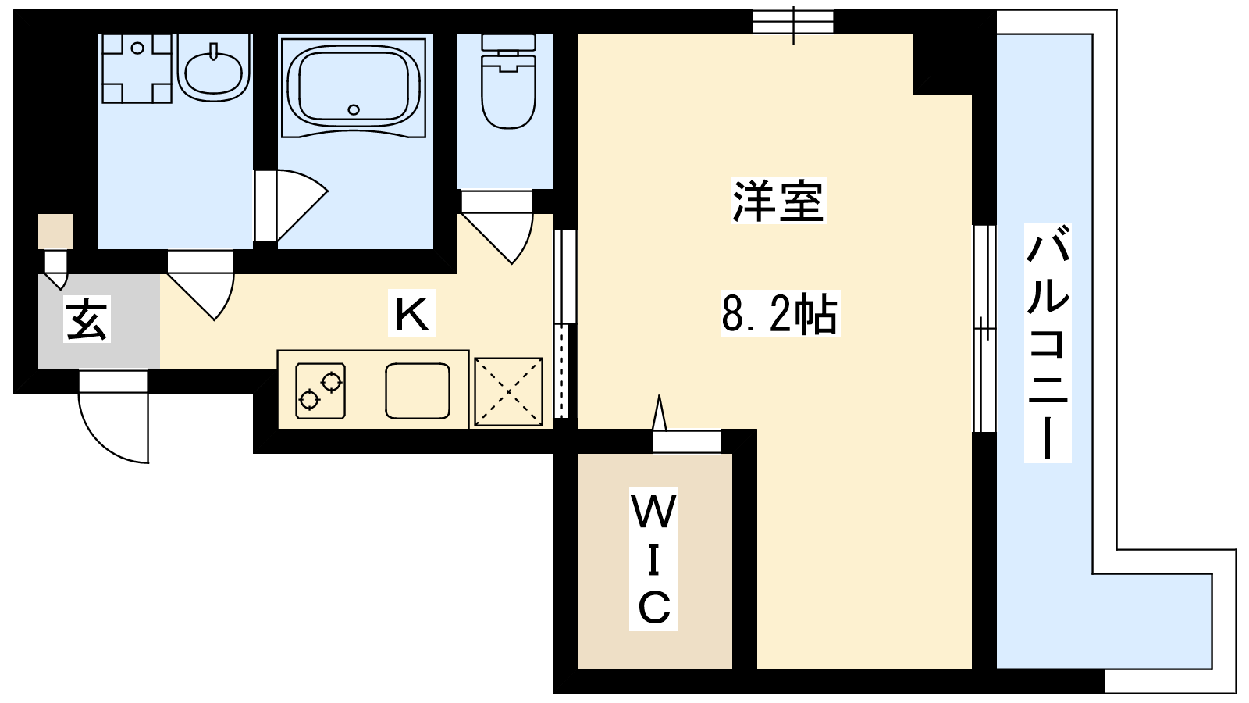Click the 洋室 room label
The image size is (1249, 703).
(x=778, y=201)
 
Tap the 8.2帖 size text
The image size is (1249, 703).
(x=780, y=313)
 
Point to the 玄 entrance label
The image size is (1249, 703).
(x=87, y=319)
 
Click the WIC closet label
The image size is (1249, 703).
(x=653, y=559)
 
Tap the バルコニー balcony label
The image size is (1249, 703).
(x=1048, y=343)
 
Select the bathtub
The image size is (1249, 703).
(x=354, y=87)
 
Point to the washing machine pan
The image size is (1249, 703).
(x=137, y=69)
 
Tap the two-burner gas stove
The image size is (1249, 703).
(x=321, y=391)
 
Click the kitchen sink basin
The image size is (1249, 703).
(x=418, y=391)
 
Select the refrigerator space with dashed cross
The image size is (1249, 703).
(x=508, y=391)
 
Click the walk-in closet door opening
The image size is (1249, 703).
(x=687, y=441)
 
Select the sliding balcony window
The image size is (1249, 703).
(x=984, y=329)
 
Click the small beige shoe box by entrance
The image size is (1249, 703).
(x=55, y=231)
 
